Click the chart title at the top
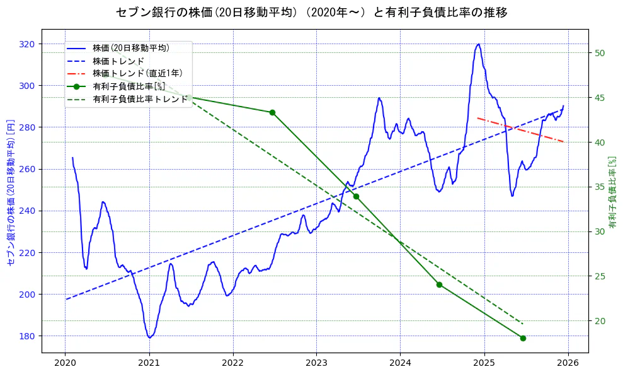(x=312, y=12)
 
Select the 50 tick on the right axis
(x=600, y=52)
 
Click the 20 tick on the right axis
(x=600, y=321)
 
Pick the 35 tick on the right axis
(x=600, y=187)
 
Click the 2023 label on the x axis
(x=316, y=363)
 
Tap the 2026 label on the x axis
(x=568, y=363)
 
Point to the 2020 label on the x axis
(x=65, y=363)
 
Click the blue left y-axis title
(x=11, y=192)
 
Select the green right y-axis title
(x=612, y=192)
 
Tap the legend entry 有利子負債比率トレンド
(x=140, y=99)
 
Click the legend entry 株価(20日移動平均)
(x=131, y=47)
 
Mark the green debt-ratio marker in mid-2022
(x=272, y=112)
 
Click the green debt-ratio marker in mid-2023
(x=356, y=197)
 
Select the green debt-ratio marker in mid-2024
(x=439, y=284)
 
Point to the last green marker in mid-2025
(x=523, y=338)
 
